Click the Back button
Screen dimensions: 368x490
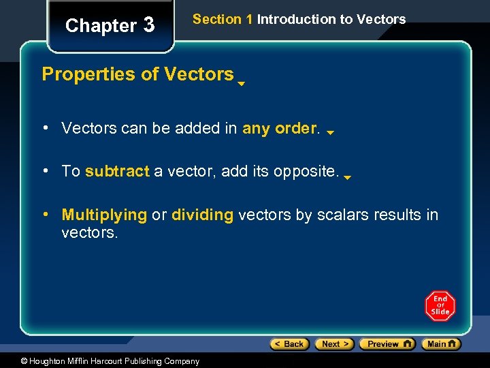pos(289,344)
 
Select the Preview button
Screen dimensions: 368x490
pos(387,344)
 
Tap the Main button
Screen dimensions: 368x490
pos(441,344)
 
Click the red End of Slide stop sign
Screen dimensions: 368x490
pos(440,306)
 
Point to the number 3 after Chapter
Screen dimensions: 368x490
pos(149,26)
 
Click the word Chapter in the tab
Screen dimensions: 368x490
pos(101,26)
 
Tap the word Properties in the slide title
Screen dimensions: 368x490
pos(89,74)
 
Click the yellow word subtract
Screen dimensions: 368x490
pos(117,171)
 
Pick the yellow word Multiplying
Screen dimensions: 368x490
pos(104,215)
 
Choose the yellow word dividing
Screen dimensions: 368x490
pos(203,215)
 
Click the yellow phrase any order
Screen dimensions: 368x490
pos(280,128)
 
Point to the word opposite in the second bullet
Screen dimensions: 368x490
pos(306,171)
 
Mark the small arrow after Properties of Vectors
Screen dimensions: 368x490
pos(241,85)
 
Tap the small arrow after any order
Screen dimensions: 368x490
pos(330,134)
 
